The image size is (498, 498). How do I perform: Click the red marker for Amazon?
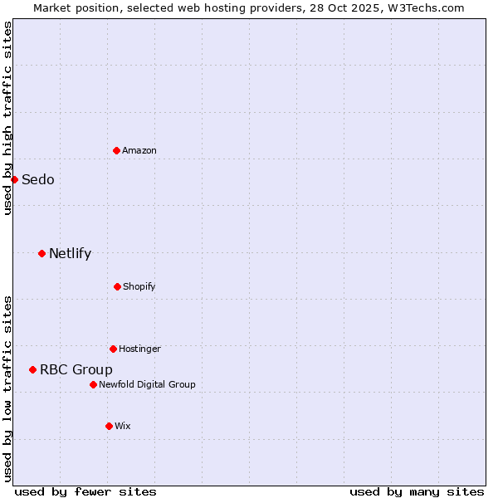(x=116, y=150)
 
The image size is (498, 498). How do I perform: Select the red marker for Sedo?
(x=14, y=179)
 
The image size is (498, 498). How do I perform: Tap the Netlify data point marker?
(x=41, y=253)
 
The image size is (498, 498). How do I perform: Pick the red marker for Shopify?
(x=117, y=286)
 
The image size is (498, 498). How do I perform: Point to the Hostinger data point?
(x=113, y=349)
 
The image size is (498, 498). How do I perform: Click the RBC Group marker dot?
(x=32, y=369)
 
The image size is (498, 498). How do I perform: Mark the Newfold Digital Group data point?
(x=93, y=384)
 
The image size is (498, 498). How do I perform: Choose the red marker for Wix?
(x=109, y=426)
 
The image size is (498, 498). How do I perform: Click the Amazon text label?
(x=139, y=150)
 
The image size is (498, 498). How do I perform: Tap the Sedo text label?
(x=38, y=180)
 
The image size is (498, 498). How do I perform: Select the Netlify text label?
(x=70, y=254)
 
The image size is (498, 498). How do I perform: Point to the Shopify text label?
(x=139, y=286)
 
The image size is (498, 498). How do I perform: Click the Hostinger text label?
(x=139, y=349)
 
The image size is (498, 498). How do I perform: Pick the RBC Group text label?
(x=76, y=370)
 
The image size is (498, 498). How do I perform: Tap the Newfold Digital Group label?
(x=147, y=384)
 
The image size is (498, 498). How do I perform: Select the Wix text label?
(x=123, y=426)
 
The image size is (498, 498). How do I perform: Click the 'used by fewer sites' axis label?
(x=85, y=491)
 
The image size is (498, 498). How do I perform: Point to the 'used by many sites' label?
(x=417, y=491)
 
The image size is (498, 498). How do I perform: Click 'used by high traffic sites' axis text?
(x=7, y=118)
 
